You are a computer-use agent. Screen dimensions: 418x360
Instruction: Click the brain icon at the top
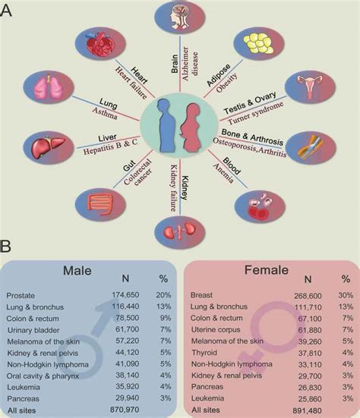tap(180, 21)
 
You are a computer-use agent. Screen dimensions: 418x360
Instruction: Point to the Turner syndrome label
tap(254, 121)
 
